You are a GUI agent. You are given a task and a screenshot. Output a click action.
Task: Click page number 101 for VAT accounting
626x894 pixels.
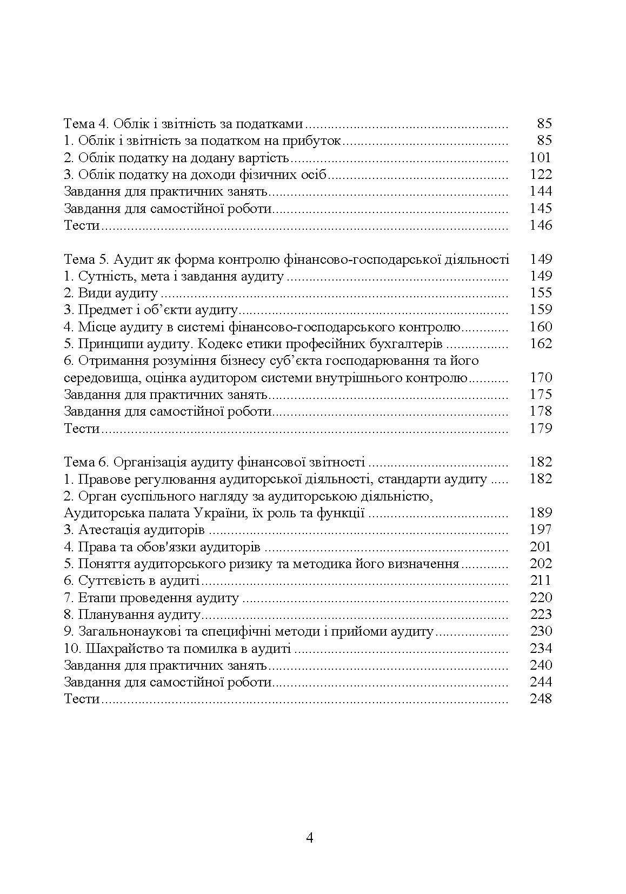[x=540, y=157]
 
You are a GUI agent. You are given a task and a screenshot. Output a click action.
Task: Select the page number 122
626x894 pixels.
[x=540, y=174]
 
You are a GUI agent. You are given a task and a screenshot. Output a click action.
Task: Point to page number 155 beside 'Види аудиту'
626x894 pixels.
[x=540, y=293]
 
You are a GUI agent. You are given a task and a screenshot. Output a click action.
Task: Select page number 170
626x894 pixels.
[x=540, y=377]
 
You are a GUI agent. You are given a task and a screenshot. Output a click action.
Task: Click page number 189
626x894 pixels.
[x=540, y=512]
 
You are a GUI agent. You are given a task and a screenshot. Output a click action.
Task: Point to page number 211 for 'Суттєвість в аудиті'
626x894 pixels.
[x=540, y=581]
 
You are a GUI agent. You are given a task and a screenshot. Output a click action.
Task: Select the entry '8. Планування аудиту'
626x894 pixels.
[x=132, y=615]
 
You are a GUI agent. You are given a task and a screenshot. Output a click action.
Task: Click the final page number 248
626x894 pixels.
[x=540, y=699]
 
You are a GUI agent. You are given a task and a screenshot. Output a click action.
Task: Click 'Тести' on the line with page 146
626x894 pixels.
[x=82, y=225]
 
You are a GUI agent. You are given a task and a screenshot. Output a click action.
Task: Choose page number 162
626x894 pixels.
[x=540, y=344]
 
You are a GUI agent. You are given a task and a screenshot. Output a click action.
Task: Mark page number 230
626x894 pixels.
[x=540, y=631]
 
